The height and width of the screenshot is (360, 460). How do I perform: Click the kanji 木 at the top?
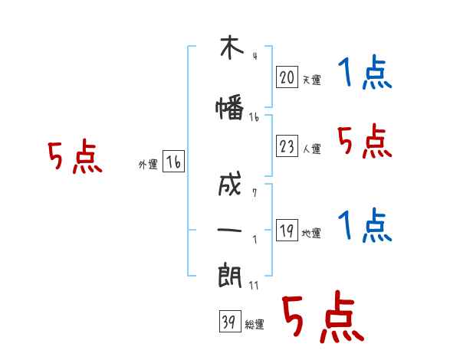click(x=232, y=47)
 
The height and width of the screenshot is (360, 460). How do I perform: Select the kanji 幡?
click(x=230, y=107)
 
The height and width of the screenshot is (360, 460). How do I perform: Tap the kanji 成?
click(x=230, y=184)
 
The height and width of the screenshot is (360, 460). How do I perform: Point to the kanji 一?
click(x=229, y=230)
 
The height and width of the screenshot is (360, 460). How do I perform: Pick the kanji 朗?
click(x=230, y=276)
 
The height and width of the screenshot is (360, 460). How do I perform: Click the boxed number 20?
click(x=287, y=77)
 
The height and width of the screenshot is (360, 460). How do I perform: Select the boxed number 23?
click(x=287, y=146)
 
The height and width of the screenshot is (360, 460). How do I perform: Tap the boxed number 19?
click(x=287, y=230)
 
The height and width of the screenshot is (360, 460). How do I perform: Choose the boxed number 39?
click(x=230, y=321)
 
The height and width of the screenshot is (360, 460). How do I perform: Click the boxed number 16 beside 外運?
click(x=173, y=162)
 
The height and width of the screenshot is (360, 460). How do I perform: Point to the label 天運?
click(x=312, y=80)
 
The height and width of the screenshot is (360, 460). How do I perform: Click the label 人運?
click(x=312, y=149)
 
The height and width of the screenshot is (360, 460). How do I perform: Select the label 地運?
click(x=311, y=233)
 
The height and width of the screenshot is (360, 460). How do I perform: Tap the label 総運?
click(x=255, y=324)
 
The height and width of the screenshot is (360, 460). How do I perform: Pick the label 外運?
click(x=148, y=165)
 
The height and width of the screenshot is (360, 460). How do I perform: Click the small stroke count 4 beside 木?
click(x=255, y=56)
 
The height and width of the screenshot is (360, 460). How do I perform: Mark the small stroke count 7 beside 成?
click(x=255, y=192)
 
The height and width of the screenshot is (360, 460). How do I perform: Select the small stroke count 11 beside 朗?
click(x=254, y=285)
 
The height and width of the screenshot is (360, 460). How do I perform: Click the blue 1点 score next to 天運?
click(x=365, y=72)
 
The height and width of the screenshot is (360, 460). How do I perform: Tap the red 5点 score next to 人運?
click(x=365, y=141)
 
